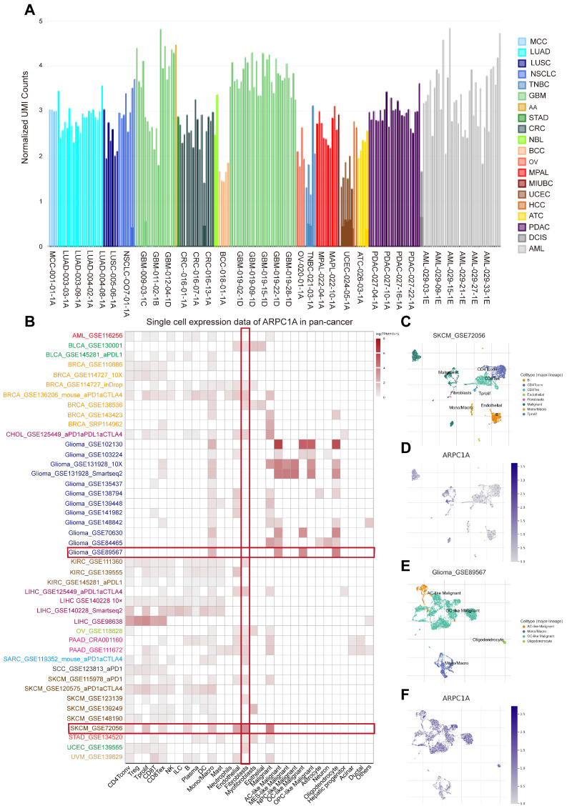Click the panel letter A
(30, 9)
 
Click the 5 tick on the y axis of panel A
(41, 21)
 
